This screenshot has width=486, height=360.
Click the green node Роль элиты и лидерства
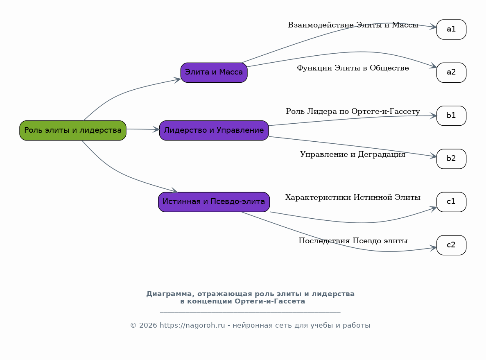(73, 130)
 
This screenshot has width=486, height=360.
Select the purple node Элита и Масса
(214, 72)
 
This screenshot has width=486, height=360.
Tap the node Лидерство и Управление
(214, 130)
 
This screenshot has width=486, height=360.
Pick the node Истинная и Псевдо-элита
(214, 202)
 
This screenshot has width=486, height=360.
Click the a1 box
(451, 29)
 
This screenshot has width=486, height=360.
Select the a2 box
(451, 72)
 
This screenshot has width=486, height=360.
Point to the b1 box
(451, 116)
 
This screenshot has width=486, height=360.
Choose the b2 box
(451, 159)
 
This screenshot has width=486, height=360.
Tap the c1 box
(451, 202)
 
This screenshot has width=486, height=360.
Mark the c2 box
(451, 245)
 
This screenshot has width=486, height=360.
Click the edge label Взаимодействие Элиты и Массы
(353, 25)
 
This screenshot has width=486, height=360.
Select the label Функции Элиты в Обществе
(353, 68)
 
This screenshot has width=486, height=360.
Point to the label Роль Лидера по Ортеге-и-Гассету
(353, 112)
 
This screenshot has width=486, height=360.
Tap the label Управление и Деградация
(353, 155)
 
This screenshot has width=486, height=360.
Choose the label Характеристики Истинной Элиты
(353, 198)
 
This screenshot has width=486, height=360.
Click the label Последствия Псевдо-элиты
(353, 241)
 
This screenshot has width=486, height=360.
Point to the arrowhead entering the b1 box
(433, 116)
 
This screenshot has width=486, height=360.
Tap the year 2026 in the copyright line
(148, 326)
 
